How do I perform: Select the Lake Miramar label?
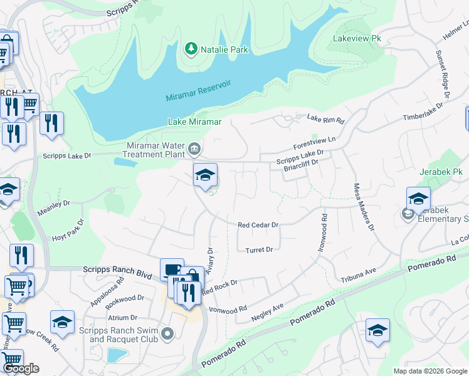(x=194, y=122)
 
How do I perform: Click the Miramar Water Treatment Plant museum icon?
(x=194, y=149)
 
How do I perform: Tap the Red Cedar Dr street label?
(x=257, y=224)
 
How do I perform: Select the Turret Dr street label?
(x=260, y=249)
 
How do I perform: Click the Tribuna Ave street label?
(x=358, y=274)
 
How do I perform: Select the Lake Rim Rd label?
(x=326, y=119)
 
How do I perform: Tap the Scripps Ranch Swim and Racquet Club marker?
(x=167, y=334)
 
